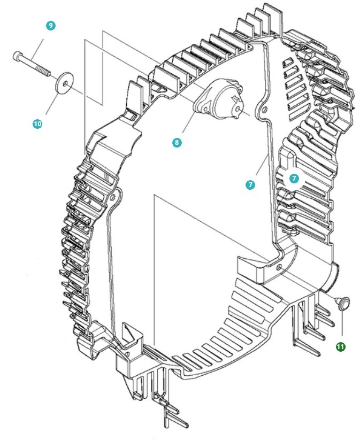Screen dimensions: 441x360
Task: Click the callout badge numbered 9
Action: click(51, 26)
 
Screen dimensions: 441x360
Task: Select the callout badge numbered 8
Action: click(177, 142)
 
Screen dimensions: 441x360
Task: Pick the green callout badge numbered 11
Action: click(340, 346)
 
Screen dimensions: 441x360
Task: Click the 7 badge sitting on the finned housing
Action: click(294, 179)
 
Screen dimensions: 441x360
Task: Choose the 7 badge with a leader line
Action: click(250, 184)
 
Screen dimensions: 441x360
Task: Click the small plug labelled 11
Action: click(342, 303)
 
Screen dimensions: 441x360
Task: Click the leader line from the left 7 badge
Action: click(260, 168)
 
